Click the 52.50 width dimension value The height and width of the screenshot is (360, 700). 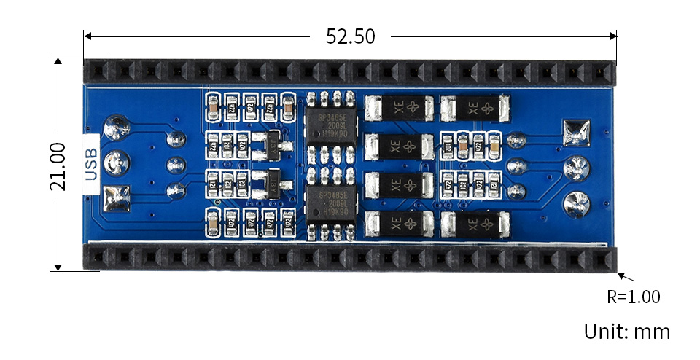pyautogui.click(x=350, y=36)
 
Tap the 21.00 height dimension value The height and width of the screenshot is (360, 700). pyautogui.click(x=59, y=166)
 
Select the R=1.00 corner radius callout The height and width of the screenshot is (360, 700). pyautogui.click(x=633, y=297)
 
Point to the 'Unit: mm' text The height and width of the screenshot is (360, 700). pyautogui.click(x=626, y=332)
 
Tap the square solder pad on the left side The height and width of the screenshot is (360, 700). pyautogui.click(x=115, y=197)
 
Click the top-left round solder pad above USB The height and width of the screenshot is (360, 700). pyautogui.click(x=115, y=128)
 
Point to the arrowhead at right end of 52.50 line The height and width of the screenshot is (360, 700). pyautogui.click(x=613, y=36)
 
